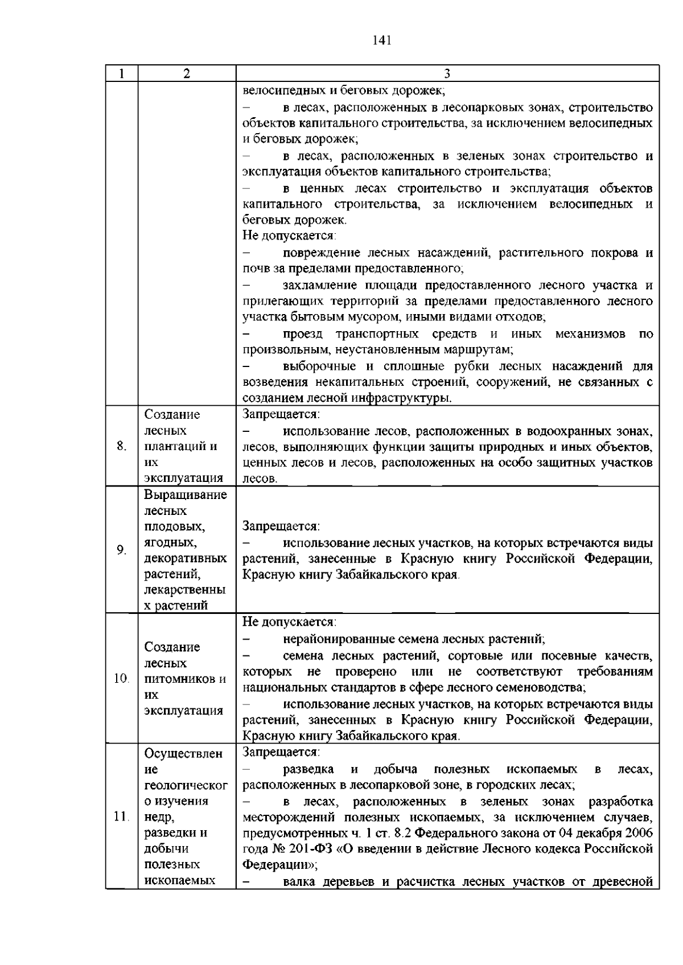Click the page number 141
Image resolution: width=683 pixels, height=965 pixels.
(382, 40)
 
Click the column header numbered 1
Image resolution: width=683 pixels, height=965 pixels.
(121, 73)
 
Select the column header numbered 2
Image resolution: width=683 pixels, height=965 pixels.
(187, 73)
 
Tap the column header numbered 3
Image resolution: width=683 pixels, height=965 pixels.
(447, 73)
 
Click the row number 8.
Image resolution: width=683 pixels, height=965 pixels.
(121, 446)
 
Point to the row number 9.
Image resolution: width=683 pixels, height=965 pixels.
(121, 550)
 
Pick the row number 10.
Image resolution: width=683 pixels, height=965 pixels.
(121, 678)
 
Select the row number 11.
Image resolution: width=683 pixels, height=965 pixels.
(121, 816)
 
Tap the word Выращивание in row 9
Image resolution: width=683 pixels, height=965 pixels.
(186, 494)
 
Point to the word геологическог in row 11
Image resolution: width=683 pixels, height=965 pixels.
(186, 785)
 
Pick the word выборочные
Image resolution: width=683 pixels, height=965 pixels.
(318, 366)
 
